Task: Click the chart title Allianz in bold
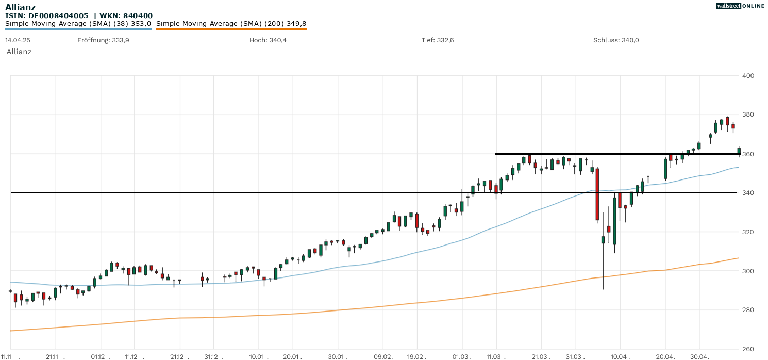[20, 7]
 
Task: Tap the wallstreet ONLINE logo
[740, 6]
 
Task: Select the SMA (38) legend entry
[78, 24]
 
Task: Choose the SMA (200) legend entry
[231, 24]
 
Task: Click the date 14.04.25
[16, 40]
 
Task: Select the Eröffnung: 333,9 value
[103, 40]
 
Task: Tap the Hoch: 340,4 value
[268, 40]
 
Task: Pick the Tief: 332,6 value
[437, 40]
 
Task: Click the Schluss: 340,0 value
[616, 40]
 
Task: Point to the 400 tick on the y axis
[748, 76]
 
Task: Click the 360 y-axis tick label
[748, 154]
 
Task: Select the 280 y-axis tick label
[748, 310]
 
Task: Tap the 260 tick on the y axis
[748, 349]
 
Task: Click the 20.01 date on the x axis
[292, 356]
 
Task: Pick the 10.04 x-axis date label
[620, 356]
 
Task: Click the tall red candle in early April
[597, 194]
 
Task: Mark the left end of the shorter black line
[495, 154]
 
